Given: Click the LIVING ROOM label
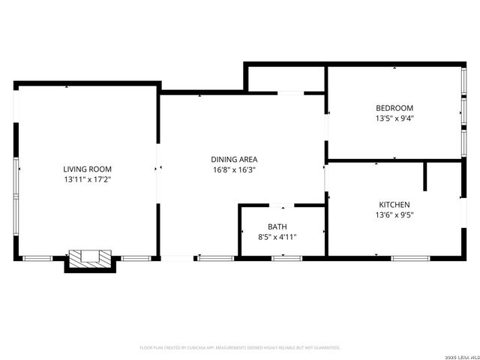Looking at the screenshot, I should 88,169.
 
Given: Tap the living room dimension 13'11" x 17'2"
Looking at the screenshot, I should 88,180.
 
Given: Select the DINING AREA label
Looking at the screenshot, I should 234,159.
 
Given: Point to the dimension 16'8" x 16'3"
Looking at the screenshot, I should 234,169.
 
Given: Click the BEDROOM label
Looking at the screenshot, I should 394,108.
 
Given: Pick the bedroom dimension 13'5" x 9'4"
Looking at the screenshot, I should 394,118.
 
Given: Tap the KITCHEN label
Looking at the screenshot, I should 394,204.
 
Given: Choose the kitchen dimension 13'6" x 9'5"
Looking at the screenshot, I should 394,214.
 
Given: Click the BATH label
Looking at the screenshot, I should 277,226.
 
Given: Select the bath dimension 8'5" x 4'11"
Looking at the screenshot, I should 277,237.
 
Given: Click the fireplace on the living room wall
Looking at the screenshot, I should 89,259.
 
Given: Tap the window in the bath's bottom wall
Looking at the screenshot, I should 286,259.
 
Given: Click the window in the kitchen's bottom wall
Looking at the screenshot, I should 410,259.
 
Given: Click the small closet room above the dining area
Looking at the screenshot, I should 285,79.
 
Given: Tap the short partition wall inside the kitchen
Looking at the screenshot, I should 425,176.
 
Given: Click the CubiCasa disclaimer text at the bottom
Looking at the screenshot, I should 240,348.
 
